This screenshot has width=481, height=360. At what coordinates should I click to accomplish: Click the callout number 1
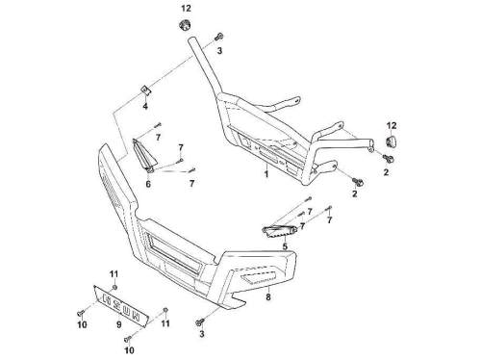coord(266,174)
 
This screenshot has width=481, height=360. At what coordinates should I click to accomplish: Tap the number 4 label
coord(145,106)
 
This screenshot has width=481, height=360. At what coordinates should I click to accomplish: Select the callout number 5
coord(285,246)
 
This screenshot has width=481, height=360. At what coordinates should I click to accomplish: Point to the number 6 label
coord(148,184)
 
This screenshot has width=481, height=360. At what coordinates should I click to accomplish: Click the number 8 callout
coord(268,297)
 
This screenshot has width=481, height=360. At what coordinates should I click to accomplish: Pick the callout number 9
coord(118,324)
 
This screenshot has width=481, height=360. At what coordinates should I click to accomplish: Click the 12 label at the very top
coord(186,9)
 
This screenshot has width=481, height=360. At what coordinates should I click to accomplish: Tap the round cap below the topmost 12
coord(185,25)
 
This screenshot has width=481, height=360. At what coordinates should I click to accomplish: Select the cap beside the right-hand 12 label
coord(390,141)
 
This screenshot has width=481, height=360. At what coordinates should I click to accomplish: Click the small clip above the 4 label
coord(146,90)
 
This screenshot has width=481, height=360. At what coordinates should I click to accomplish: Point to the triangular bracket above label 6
coord(144,154)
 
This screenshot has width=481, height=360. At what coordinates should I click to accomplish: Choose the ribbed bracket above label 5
coord(278,231)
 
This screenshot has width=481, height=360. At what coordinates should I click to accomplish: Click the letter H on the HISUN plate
coord(107,299)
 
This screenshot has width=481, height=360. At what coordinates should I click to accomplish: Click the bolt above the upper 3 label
coord(219,37)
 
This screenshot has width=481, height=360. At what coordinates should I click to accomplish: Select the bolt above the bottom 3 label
coord(199,321)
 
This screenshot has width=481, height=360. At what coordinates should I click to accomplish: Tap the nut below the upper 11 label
coord(114,287)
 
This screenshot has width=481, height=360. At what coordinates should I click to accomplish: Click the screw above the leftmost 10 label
coord(80,312)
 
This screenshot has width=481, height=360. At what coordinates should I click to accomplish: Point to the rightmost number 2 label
coord(386,172)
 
